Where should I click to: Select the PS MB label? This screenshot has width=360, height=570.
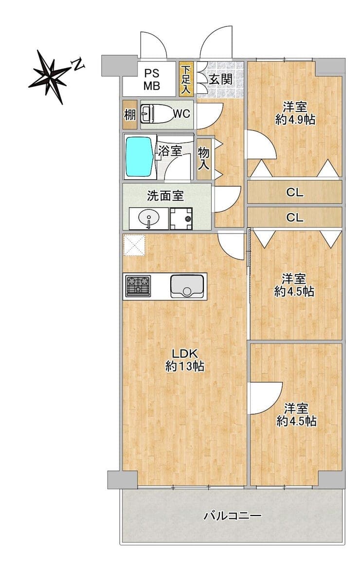[152, 80]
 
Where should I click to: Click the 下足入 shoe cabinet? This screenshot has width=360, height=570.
[186, 79]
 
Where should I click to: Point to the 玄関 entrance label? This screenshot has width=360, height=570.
[220, 79]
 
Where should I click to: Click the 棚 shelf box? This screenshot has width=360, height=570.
[130, 115]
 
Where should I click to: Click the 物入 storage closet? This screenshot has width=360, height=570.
[204, 159]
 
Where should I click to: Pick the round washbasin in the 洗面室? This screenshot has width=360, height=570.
[148, 219]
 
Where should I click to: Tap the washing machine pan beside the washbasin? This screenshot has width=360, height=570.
[181, 219]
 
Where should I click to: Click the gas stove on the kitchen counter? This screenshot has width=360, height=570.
[138, 286]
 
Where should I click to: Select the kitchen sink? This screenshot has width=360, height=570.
[187, 286]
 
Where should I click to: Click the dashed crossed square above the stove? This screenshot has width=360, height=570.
[134, 245]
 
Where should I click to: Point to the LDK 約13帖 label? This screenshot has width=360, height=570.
[184, 360]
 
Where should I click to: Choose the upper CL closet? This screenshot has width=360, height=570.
[295, 192]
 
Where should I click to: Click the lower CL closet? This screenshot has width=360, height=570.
[295, 218]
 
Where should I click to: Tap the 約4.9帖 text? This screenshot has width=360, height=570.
[295, 119]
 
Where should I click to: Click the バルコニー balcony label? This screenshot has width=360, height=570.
[233, 515]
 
